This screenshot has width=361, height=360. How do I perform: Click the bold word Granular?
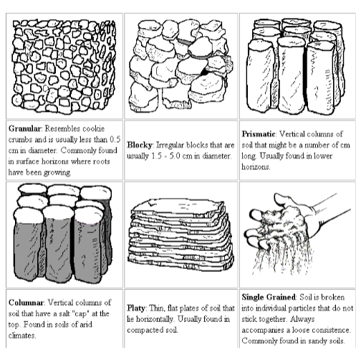point(24,128)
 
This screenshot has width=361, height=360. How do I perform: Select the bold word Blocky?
point(140,145)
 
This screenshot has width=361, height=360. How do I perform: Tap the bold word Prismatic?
point(259,134)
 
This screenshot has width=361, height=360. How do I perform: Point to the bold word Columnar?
point(26,303)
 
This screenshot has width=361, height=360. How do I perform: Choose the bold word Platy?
point(136,308)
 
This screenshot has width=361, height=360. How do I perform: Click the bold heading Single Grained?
point(269,297)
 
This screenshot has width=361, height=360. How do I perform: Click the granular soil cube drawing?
point(64,66)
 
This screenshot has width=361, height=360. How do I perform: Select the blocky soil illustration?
point(180,66)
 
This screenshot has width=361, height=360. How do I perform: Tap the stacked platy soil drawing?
point(180,235)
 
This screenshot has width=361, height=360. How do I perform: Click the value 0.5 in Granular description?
point(115,139)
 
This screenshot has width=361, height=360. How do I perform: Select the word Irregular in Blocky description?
point(170,145)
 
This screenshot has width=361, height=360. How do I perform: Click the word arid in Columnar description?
point(85,324)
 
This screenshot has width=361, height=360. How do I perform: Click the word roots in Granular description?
point(102,161)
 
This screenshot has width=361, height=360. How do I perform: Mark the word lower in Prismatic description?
point(322,156)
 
